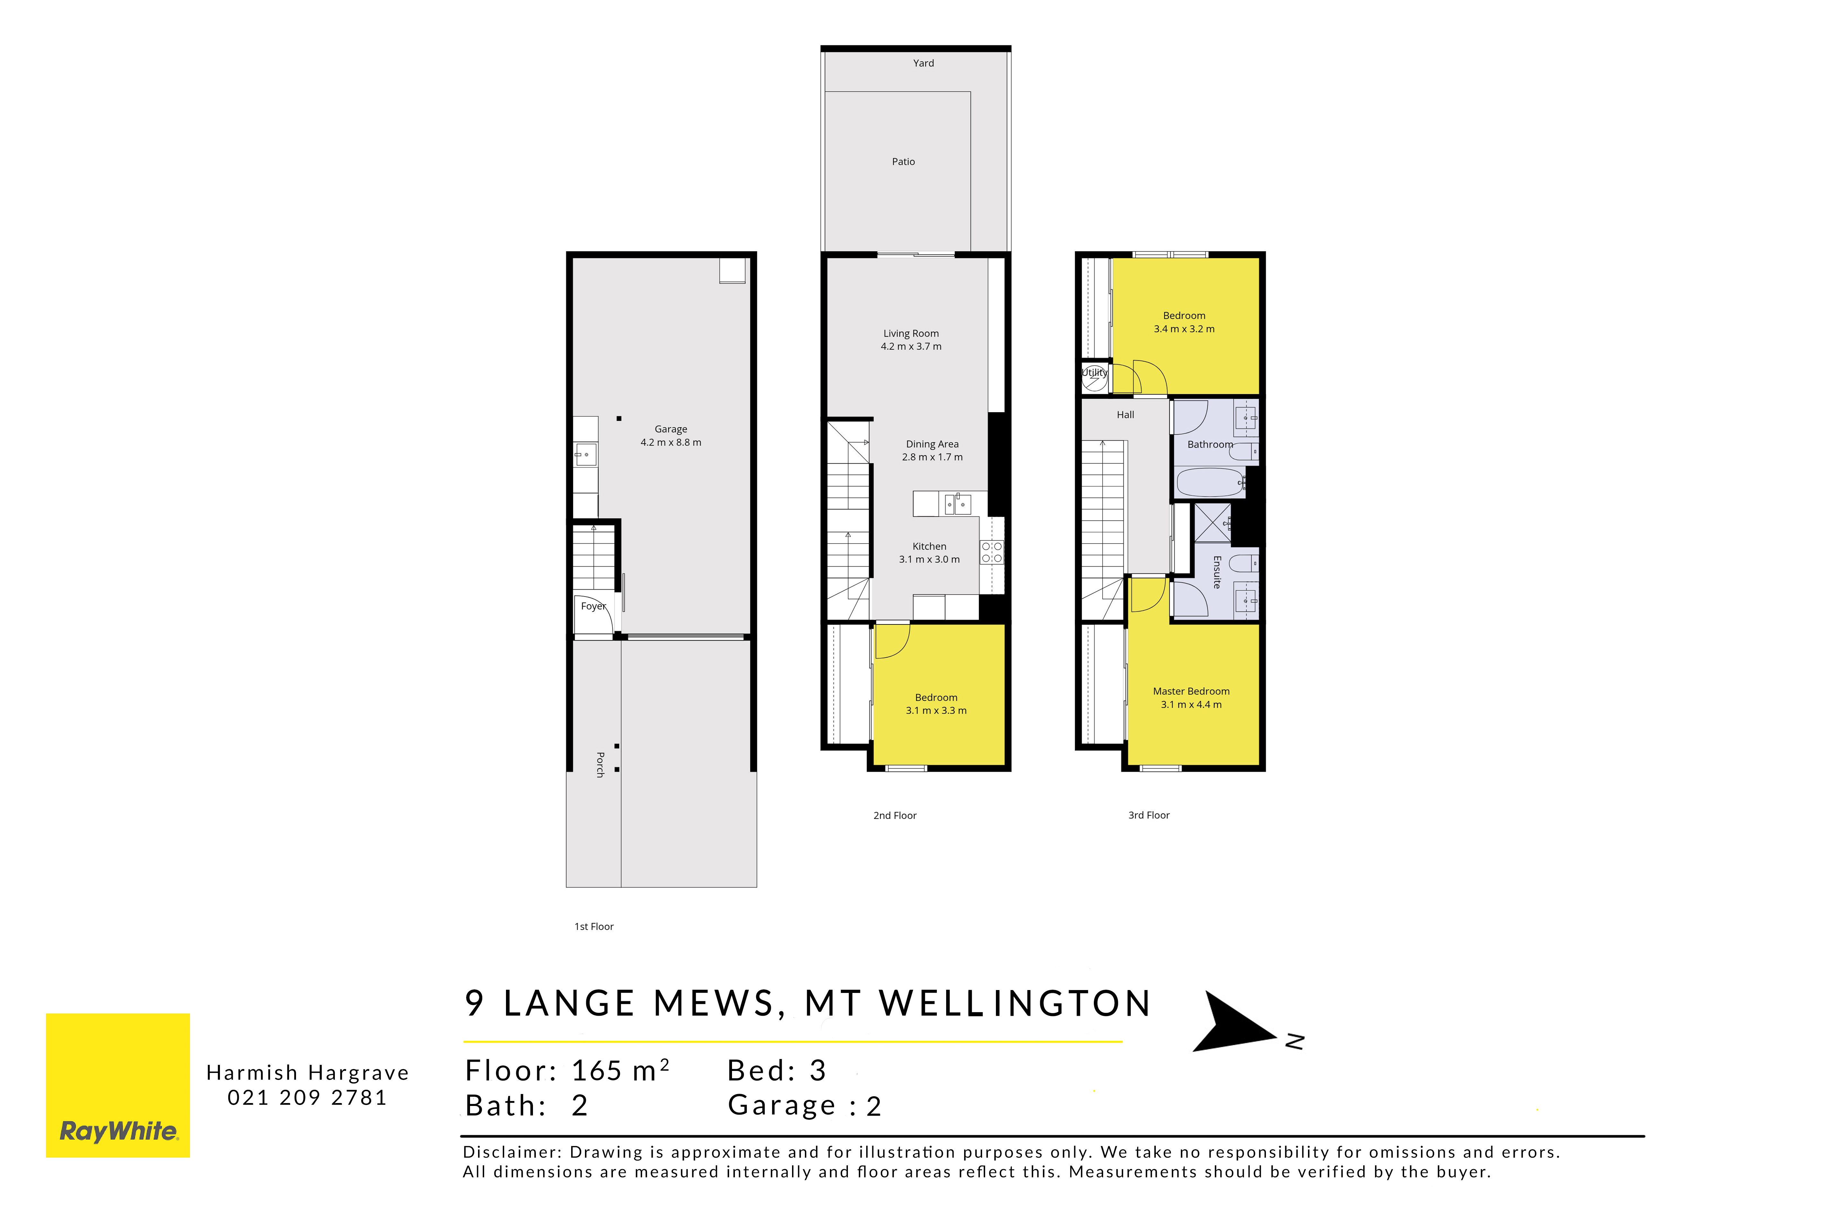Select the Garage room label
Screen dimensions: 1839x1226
[671, 429]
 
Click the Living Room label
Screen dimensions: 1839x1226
[911, 333]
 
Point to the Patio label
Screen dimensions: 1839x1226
[903, 162]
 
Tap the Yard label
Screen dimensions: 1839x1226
[923, 63]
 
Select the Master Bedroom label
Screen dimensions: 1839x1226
[1191, 691]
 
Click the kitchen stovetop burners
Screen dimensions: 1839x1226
[991, 552]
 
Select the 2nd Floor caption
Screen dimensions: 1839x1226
[894, 815]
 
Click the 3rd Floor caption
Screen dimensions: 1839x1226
[1149, 815]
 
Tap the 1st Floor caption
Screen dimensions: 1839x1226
[594, 926]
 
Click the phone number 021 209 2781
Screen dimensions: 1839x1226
[307, 1098]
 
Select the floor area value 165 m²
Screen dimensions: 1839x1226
[620, 1070]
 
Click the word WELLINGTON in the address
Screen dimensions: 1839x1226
[1016, 1004]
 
